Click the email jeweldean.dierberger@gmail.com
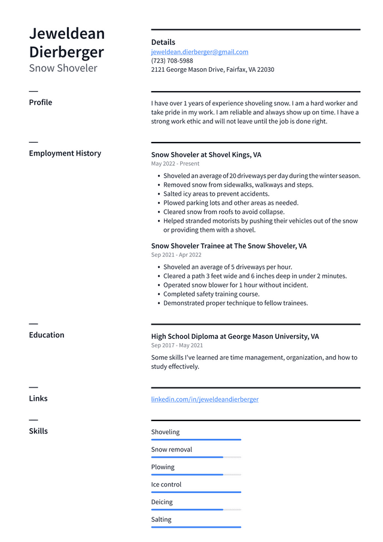coord(199,52)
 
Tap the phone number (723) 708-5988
coord(172,61)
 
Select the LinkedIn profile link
coord(205,399)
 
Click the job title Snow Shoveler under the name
coord(63,68)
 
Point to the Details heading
coord(163,43)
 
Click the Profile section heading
coord(40,102)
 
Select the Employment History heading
coord(65,153)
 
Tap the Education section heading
coord(46,335)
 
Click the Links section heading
coord(38,398)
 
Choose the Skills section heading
coord(38,431)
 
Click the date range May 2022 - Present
coord(175,163)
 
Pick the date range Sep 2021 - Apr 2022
coord(176,255)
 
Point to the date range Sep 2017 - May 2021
coord(177,346)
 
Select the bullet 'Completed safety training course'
coord(211,294)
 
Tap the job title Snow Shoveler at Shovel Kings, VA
coord(206,155)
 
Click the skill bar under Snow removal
coord(196,457)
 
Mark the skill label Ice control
coord(166,485)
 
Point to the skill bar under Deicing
coord(196,510)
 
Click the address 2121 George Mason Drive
coord(212,70)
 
